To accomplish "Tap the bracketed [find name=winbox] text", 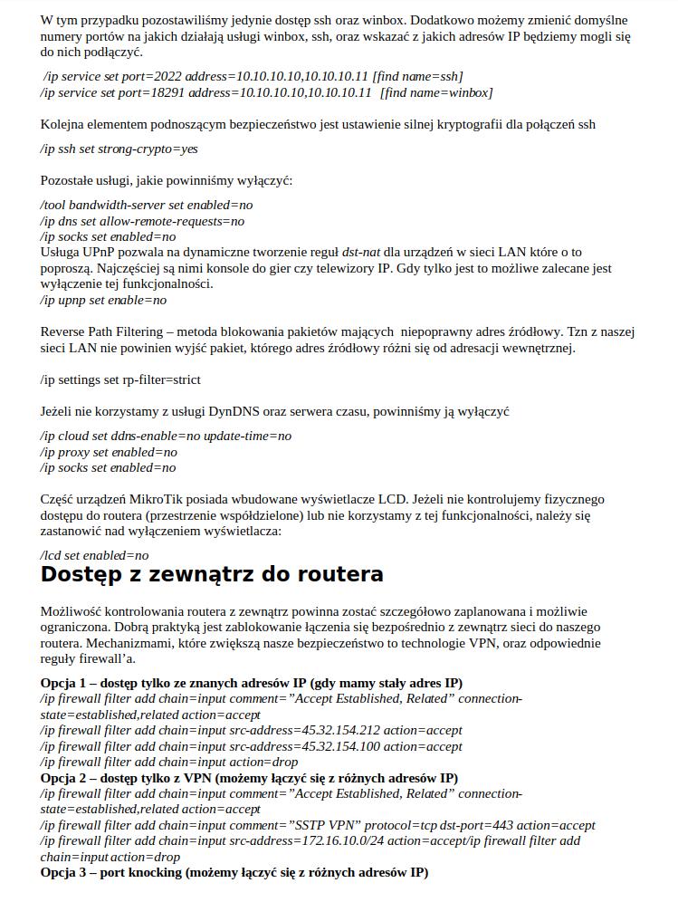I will (436, 92).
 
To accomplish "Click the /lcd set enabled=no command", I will (94, 555).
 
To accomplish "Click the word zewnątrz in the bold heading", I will (205, 575).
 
